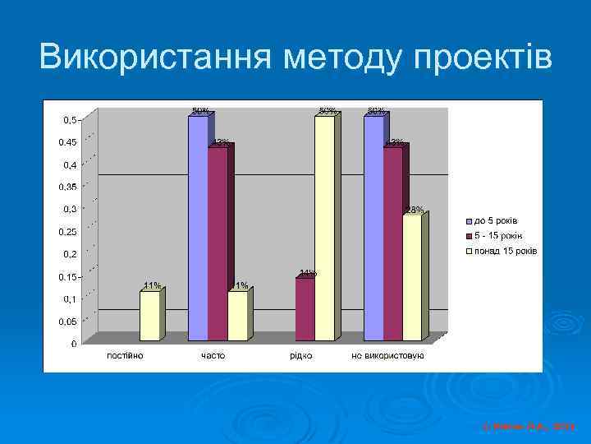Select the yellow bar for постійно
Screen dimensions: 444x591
(149, 316)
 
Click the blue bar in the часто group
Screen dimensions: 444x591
(198, 228)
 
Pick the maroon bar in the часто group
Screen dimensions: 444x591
(218, 243)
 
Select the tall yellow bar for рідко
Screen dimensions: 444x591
(324, 228)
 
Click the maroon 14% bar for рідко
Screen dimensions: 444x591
(305, 309)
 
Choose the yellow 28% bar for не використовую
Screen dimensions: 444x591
(412, 277)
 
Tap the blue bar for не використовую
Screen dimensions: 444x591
(373, 228)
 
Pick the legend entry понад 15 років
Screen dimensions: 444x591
(505, 250)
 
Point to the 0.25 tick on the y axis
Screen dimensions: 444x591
(67, 232)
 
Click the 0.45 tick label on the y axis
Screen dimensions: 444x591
(67, 142)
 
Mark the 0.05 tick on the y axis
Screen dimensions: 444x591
(67, 321)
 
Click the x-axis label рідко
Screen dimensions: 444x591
(300, 355)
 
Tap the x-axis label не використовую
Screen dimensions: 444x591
(387, 355)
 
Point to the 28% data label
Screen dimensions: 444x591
(415, 210)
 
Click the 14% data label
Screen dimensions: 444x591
(308, 272)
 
